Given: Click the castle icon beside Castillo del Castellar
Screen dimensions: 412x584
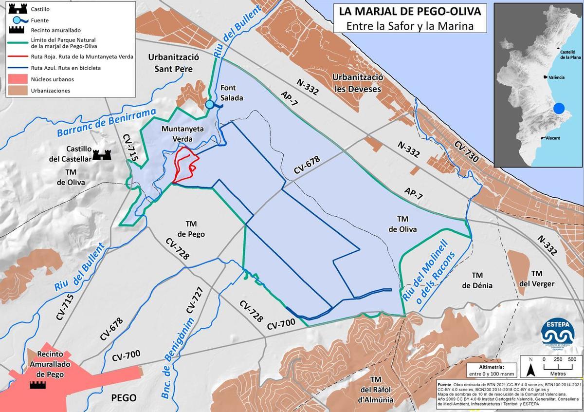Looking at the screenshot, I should click(102, 155).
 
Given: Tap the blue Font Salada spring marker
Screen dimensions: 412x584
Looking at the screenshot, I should click(209, 104).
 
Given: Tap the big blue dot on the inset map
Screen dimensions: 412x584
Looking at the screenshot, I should click(559, 108).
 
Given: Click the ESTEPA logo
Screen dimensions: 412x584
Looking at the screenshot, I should click(558, 334).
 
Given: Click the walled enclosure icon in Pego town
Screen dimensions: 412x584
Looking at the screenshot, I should click(37, 385).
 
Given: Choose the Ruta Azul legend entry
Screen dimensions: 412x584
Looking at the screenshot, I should click(66, 68).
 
